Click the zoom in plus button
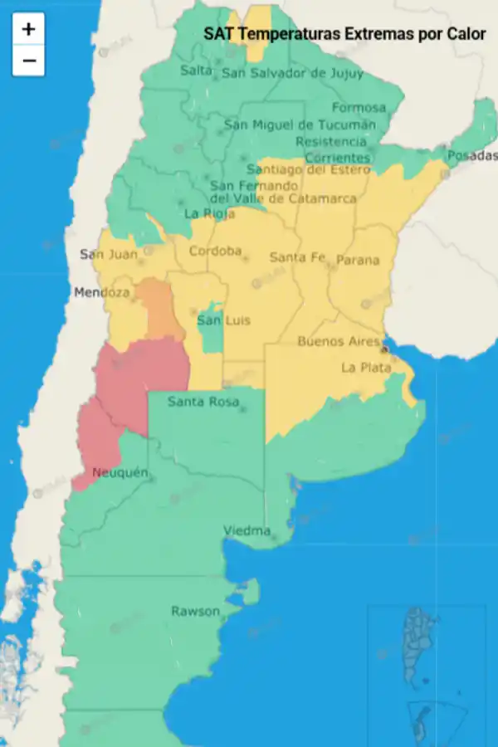[28, 29]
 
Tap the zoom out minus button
[28, 60]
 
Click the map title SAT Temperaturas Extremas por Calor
[344, 34]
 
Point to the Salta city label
[197, 71]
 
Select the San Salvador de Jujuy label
[292, 73]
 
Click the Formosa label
[359, 108]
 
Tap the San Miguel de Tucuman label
[300, 125]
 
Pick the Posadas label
[472, 156]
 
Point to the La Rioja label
[203, 213]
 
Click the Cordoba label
[215, 251]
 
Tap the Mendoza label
[101, 292]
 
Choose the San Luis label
[221, 320]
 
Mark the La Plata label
[365, 368]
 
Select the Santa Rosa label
[203, 403]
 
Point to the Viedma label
[247, 531]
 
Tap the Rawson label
[196, 612]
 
